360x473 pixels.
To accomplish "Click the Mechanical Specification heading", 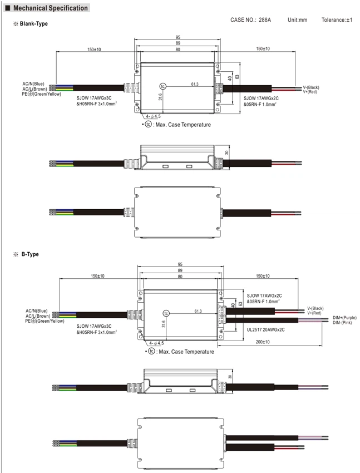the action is pos(50,8).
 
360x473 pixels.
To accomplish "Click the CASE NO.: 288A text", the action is pos(250,20).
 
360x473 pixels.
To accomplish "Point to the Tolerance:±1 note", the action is pos(337,20).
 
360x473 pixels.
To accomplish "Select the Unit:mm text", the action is pos(297,20).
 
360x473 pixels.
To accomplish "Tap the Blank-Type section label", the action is pos(34,24).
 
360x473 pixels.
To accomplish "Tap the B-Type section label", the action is pos(30,254).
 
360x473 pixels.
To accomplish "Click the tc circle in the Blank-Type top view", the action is pos(163,87).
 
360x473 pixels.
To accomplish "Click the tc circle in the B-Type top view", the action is pos(166,313).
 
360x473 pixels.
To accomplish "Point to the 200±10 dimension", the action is pos(263,342).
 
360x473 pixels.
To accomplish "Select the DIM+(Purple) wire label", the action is pos(344,318).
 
